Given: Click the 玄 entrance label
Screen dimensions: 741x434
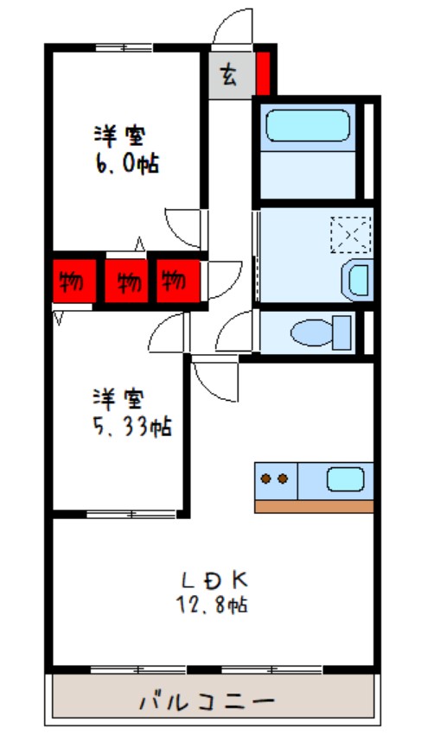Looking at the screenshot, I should [229, 75].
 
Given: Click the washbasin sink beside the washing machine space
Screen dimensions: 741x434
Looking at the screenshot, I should [357, 278].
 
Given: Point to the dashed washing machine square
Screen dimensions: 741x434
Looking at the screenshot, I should [351, 233].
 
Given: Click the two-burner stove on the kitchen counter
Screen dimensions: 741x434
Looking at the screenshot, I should [276, 478].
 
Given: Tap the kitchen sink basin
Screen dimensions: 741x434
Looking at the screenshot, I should [345, 478].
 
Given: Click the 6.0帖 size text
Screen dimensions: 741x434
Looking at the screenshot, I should [126, 163].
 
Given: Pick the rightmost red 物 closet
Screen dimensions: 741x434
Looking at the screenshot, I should [176, 280].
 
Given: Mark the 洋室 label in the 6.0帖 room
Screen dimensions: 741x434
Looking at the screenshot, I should [119, 136].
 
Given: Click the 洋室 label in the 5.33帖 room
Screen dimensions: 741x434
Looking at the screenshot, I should [119, 399].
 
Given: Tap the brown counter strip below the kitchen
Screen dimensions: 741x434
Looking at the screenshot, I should [314, 506].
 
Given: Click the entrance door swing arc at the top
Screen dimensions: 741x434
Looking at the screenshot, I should [232, 26].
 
